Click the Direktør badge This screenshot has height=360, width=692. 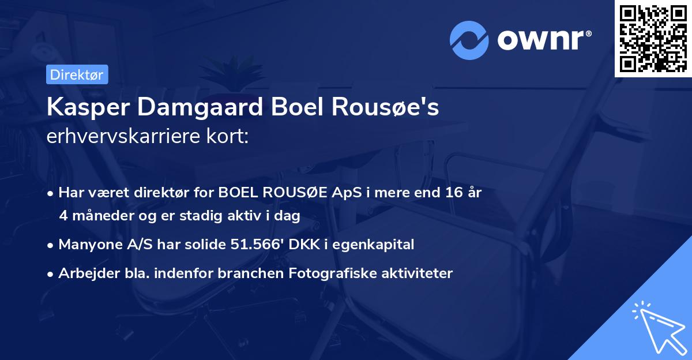click(x=77, y=74)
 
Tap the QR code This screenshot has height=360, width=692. click(x=652, y=39)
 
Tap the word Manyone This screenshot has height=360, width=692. click(x=88, y=244)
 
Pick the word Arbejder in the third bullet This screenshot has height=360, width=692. click(x=85, y=273)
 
